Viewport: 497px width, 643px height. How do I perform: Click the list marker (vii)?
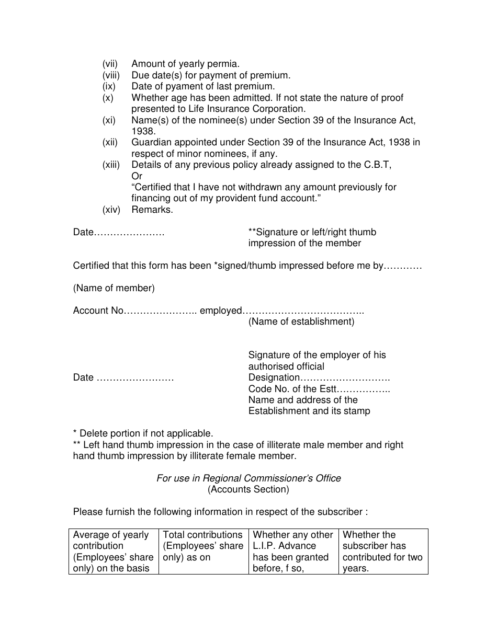tap(110, 64)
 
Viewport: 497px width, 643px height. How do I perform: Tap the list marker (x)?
tap(108, 98)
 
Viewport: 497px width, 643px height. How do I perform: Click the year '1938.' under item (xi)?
tap(143, 131)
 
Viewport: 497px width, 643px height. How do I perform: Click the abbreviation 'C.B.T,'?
tap(378, 165)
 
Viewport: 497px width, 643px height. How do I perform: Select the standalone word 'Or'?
tap(137, 176)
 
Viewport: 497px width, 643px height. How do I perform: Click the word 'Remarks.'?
tap(152, 210)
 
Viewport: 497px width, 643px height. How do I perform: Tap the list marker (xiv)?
tap(111, 210)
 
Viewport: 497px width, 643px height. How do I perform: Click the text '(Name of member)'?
tap(114, 288)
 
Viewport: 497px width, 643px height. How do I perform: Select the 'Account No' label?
tap(98, 311)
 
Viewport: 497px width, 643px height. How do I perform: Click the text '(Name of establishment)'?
tap(301, 321)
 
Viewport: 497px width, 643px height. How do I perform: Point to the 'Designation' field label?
tap(274, 377)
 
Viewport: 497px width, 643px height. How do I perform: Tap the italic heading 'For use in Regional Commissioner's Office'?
tap(249, 478)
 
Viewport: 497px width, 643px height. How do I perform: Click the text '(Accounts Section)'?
tap(248, 489)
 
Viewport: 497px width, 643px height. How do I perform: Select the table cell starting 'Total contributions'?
tap(203, 546)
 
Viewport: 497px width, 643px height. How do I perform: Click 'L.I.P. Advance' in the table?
tap(284, 546)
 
